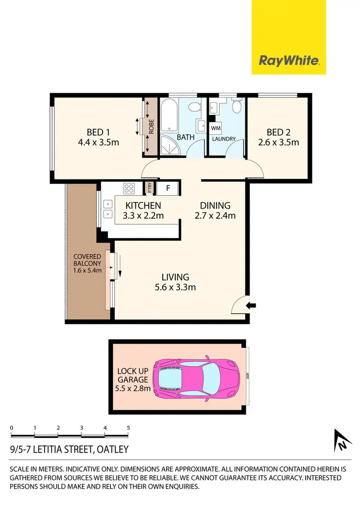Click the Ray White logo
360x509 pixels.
coord(289,60)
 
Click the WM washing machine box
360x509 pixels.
coord(215,129)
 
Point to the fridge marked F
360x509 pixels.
coord(168,188)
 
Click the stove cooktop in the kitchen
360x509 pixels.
coord(128,189)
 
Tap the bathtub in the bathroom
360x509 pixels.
coord(168,115)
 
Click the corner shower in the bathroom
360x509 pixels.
coord(168,147)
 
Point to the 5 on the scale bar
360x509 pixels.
coord(128,427)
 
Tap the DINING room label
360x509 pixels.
coord(215,205)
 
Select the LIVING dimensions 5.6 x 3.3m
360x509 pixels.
coord(175,287)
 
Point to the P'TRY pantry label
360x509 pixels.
coord(149,188)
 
